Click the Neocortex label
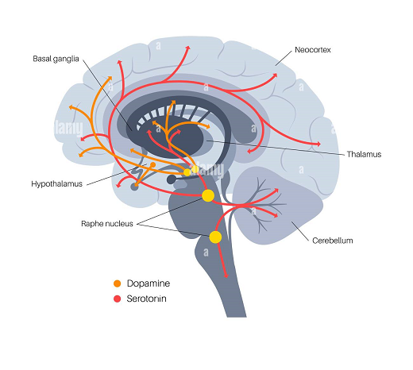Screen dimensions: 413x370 coord(313,50)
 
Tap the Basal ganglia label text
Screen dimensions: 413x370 coord(56,59)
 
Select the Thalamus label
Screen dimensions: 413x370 coord(364,154)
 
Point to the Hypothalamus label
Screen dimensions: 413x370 coord(57,183)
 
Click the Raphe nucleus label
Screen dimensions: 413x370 coord(107,224)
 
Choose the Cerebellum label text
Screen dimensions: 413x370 coord(333,241)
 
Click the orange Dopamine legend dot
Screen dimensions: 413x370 coord(117,283)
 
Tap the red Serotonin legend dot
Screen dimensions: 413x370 coord(117,299)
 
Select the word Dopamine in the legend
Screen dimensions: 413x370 coord(149,283)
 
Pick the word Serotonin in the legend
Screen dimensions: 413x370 coord(146,299)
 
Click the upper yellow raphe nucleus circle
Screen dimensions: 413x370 coord(208,195)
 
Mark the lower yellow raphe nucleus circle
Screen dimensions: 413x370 coord(215,237)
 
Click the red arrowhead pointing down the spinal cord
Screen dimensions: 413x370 coord(226,276)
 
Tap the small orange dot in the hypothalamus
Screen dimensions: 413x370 coord(152,165)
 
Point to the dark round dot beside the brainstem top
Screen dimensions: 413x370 coord(172,179)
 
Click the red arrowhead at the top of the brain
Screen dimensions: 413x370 coord(188,48)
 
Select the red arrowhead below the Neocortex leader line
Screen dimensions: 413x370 coord(275,75)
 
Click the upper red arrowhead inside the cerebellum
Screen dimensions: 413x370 coord(276,191)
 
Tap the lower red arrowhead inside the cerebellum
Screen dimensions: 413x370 coord(276,215)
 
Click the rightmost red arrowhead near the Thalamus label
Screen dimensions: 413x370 coord(318,145)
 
